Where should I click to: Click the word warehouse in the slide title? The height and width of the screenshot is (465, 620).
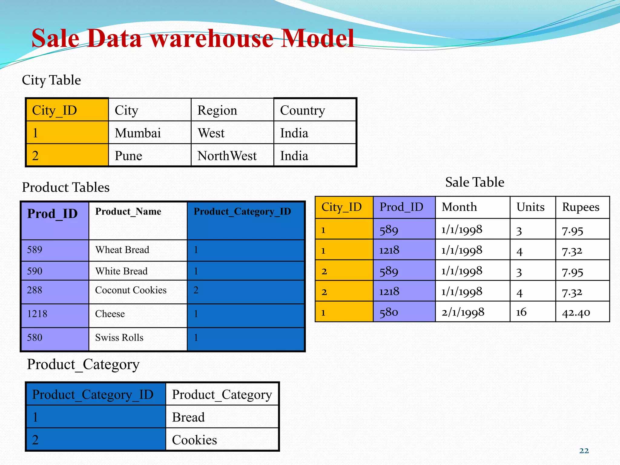coord(212,39)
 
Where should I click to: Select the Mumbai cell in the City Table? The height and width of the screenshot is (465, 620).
coord(138,133)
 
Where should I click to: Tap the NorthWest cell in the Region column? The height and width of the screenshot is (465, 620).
coord(227,156)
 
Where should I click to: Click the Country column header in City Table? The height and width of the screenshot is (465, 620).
coord(302,110)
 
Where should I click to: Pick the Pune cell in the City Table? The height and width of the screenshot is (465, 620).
coord(128,156)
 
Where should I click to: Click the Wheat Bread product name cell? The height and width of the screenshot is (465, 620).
coord(122,250)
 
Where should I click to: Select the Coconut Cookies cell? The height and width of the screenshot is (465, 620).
coord(131,290)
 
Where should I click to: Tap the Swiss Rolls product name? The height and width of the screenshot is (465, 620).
coord(119,338)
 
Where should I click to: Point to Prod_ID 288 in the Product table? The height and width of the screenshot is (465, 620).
coord(35,290)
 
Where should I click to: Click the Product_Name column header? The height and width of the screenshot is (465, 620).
coord(128,211)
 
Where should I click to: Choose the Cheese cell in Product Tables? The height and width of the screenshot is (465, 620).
coord(110,314)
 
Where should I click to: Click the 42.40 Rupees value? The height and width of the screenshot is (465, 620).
coord(576,312)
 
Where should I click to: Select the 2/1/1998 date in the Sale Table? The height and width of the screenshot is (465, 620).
coord(463,312)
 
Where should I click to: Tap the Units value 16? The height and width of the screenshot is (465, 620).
coord(521,312)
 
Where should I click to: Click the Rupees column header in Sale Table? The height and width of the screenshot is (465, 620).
coord(581,207)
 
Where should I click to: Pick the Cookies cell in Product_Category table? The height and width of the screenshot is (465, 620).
coord(194,440)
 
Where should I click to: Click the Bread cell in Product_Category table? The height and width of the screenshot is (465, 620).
coord(188,417)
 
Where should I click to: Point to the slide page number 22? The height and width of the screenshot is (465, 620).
coord(584,451)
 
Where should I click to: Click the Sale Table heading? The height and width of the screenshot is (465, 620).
coord(475,182)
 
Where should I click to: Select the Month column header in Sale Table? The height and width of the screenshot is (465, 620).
coord(459,207)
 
